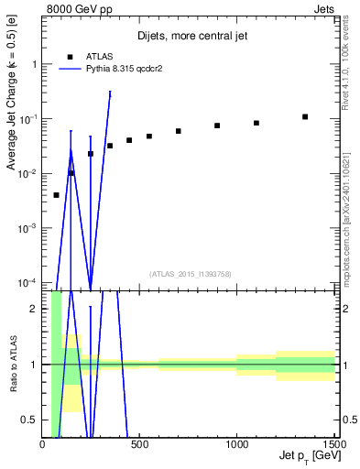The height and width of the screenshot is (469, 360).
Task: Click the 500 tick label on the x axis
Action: click(140, 445)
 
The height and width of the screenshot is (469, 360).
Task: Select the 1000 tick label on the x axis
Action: click(237, 445)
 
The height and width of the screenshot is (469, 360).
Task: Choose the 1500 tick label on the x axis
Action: click(332, 445)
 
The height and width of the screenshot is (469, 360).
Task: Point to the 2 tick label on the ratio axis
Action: click(33, 309)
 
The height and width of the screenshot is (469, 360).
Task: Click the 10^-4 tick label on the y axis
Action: click(26, 281)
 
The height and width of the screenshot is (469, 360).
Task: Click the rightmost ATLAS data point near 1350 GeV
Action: click(305, 116)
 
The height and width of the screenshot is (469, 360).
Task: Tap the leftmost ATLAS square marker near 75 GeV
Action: click(57, 195)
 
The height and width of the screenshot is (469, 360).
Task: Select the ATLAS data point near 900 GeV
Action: click(217, 125)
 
